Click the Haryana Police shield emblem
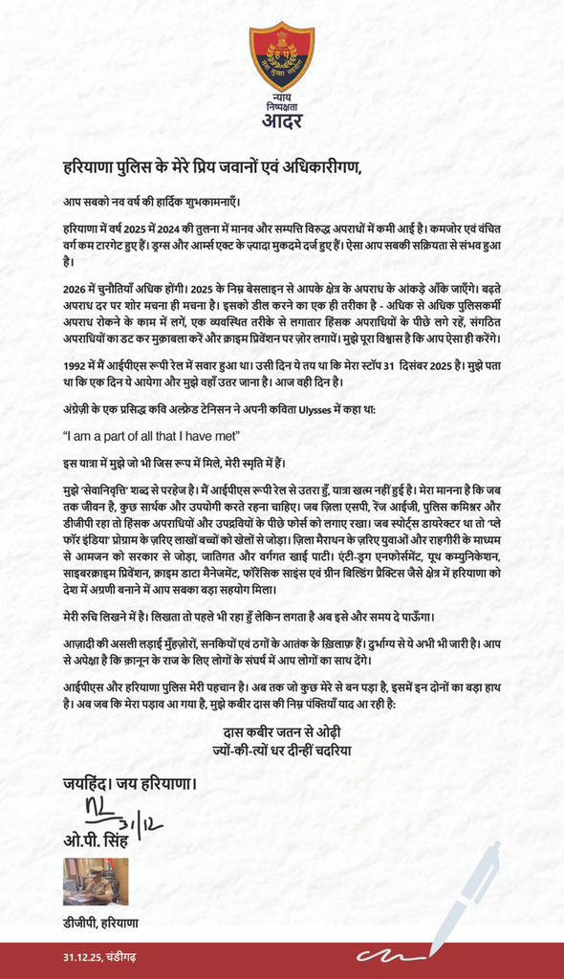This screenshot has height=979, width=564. [281, 56]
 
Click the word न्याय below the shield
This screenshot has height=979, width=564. [281, 98]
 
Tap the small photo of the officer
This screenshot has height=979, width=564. [89, 881]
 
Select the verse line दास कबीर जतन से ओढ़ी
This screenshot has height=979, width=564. [281, 733]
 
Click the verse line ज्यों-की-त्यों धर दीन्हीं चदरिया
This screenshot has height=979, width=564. [281, 750]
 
